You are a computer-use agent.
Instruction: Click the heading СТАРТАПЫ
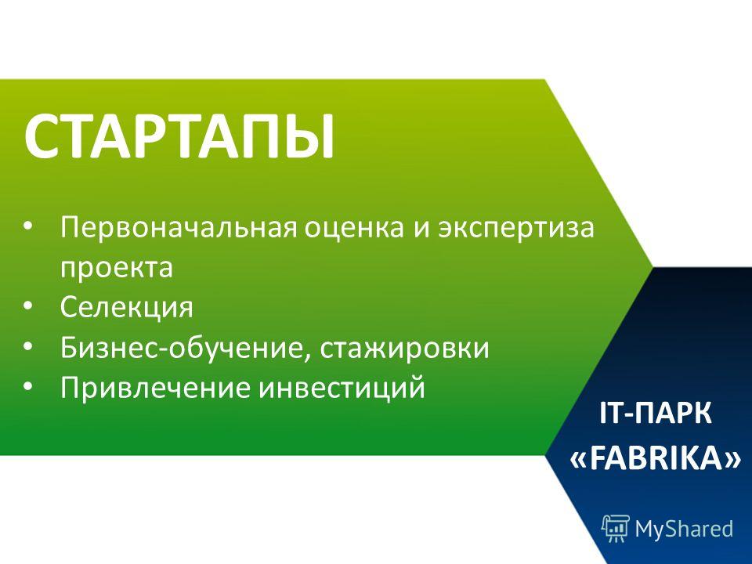[179, 136]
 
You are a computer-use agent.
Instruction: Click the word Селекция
[127, 307]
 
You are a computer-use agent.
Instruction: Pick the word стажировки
[404, 349]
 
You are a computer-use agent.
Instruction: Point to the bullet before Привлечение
[28, 386]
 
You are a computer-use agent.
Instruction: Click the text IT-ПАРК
[656, 414]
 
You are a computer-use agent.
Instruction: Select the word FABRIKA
[656, 458]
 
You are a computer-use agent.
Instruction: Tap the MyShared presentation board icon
[616, 528]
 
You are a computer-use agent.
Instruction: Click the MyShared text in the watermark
[684, 529]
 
